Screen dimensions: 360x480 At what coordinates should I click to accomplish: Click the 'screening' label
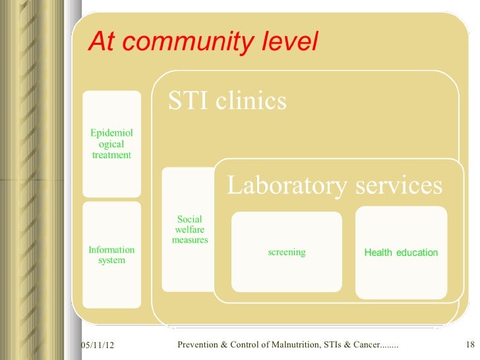[x=287, y=253]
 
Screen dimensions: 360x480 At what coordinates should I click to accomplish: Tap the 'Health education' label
[x=401, y=253]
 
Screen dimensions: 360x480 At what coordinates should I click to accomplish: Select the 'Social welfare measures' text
[x=190, y=229]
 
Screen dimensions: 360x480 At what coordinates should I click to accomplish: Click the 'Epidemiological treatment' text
[x=111, y=144]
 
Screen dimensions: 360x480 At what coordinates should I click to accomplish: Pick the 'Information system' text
[x=111, y=255]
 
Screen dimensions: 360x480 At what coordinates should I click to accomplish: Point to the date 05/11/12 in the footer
[x=96, y=346]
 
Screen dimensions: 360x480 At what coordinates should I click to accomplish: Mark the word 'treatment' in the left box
[x=111, y=155]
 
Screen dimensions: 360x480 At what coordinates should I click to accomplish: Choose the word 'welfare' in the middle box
[x=190, y=229]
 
